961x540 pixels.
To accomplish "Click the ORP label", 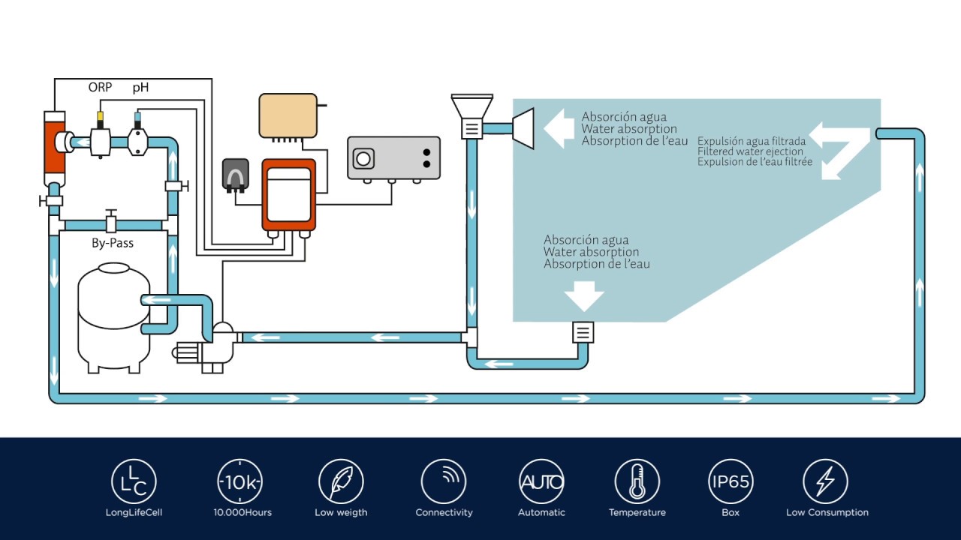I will (x=100, y=88).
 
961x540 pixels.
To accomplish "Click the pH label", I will (x=140, y=88).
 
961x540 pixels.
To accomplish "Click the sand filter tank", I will (x=113, y=315).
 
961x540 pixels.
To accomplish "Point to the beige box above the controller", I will (x=288, y=115).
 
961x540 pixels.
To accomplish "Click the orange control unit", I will (x=288, y=194).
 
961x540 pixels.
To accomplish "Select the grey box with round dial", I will (x=393, y=157).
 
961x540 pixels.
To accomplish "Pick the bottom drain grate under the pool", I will (x=583, y=331).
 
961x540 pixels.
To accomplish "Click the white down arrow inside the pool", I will (x=584, y=295).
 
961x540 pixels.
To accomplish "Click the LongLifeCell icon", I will (x=134, y=481).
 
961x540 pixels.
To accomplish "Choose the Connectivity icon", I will (x=444, y=481).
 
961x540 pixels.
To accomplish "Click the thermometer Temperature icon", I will (x=637, y=481).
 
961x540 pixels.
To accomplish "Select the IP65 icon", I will (x=731, y=481).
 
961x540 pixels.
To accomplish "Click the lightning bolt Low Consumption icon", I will (x=826, y=481).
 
